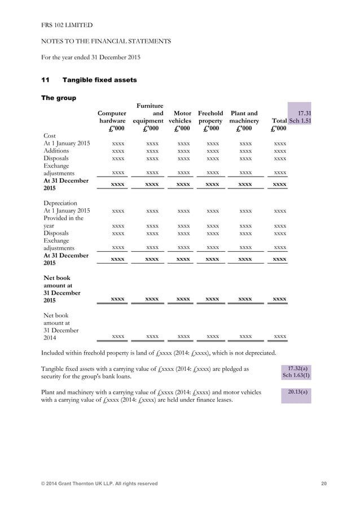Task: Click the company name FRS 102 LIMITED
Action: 67,25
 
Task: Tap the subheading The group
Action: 59,98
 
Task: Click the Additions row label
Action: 56,151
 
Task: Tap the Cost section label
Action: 50,135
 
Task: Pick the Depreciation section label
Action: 60,203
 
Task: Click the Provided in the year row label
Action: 63,222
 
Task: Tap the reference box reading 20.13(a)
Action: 296,392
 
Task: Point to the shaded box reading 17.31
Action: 305,113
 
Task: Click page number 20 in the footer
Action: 323,484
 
